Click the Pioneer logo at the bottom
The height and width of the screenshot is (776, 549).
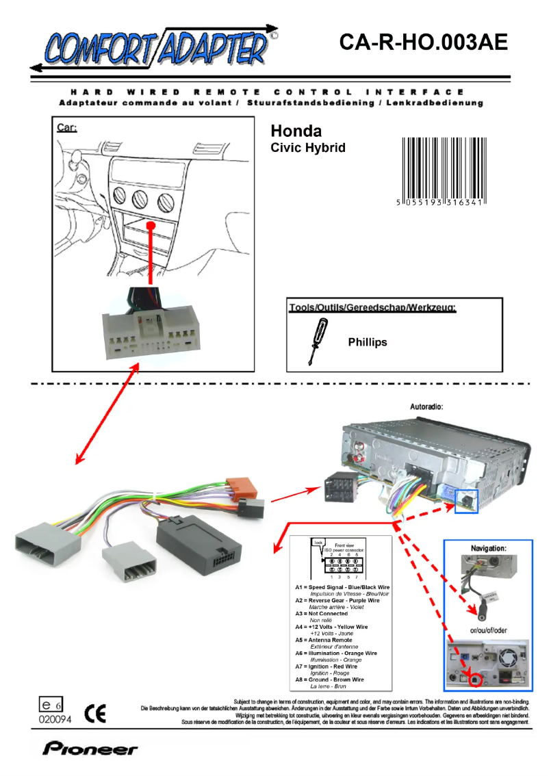tap(90, 749)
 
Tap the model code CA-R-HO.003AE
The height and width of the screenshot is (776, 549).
tap(423, 42)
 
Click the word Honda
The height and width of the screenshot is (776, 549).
tap(296, 131)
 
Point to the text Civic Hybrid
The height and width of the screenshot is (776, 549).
tap(308, 147)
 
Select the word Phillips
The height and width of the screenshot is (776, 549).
tap(367, 342)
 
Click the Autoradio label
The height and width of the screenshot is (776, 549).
tap(426, 406)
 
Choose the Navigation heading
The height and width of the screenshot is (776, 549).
tap(488, 548)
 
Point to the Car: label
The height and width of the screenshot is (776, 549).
tap(66, 127)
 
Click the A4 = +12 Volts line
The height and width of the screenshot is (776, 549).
tap(331, 626)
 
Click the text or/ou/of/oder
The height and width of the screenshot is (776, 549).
tap(487, 630)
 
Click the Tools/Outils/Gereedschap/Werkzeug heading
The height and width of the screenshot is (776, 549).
tap(372, 307)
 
